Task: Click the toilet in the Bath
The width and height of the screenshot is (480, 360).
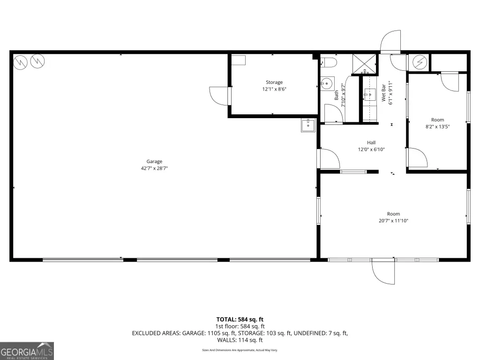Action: click(x=329, y=62)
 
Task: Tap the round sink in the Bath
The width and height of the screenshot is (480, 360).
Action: click(x=327, y=83)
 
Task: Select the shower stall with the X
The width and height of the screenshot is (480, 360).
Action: click(x=364, y=64)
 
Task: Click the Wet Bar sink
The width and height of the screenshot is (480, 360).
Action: click(x=370, y=95)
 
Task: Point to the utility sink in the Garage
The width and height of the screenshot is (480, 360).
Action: click(x=308, y=126)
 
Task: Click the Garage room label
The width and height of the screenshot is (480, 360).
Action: click(x=154, y=161)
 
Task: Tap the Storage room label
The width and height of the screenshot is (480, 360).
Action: click(x=274, y=82)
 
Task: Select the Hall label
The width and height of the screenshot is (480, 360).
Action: click(x=371, y=142)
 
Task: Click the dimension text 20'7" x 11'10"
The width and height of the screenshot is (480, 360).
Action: click(x=393, y=221)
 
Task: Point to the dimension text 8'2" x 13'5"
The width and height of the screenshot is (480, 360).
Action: click(x=437, y=127)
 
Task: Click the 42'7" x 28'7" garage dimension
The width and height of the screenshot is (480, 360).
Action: click(x=154, y=168)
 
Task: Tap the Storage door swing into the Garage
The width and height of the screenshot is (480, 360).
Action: click(x=219, y=96)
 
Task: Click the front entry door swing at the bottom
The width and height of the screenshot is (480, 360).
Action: click(x=383, y=271)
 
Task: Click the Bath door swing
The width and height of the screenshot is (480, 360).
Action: click(x=333, y=113)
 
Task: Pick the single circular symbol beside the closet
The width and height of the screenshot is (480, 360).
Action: click(x=420, y=62)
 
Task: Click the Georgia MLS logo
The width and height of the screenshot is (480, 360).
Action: click(x=27, y=351)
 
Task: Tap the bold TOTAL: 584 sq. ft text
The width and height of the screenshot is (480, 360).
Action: click(x=240, y=319)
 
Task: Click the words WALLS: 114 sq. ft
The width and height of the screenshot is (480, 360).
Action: click(x=240, y=340)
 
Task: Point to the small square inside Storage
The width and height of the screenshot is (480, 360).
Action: click(x=239, y=60)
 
